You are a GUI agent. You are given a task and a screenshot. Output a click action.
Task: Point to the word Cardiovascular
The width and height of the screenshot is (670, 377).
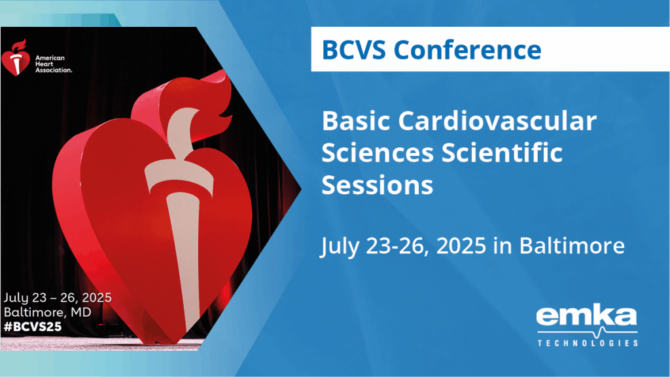click(497, 121)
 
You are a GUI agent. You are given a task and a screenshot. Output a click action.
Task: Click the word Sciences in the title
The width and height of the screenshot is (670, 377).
click(378, 153)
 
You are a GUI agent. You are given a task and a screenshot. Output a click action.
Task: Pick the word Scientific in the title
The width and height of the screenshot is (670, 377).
click(502, 152)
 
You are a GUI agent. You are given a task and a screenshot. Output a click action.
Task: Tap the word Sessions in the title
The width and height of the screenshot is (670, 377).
click(378, 185)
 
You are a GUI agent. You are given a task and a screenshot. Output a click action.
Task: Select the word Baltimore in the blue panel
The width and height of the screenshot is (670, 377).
click(572, 246)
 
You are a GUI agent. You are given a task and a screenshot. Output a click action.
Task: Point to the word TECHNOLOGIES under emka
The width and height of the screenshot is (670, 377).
click(588, 343)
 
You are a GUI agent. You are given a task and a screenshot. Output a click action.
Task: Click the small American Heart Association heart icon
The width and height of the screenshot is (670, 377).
click(16, 58)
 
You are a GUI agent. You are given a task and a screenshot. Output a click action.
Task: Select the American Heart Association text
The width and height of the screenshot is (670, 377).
click(54, 64)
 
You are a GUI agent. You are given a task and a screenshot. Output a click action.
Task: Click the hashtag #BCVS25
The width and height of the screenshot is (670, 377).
click(33, 327)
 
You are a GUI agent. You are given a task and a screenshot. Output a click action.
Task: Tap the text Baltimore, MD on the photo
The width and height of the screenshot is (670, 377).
click(47, 312)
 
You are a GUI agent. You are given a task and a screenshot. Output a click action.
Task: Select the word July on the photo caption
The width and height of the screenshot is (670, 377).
click(16, 298)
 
